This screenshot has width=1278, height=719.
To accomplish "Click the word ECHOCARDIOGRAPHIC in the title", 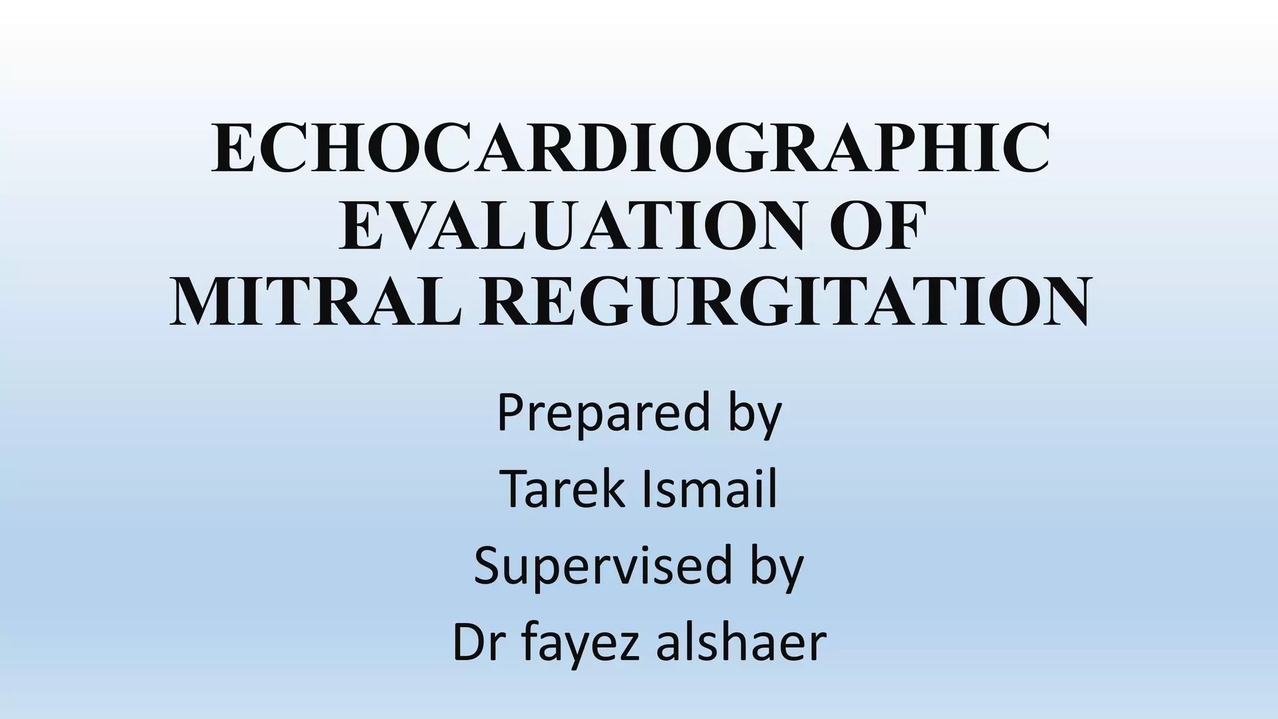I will [x=630, y=149].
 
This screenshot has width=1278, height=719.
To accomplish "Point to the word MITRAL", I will [x=316, y=301].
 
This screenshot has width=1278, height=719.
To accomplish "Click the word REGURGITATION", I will [x=786, y=301].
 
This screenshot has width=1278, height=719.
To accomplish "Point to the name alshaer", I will [x=741, y=643].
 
